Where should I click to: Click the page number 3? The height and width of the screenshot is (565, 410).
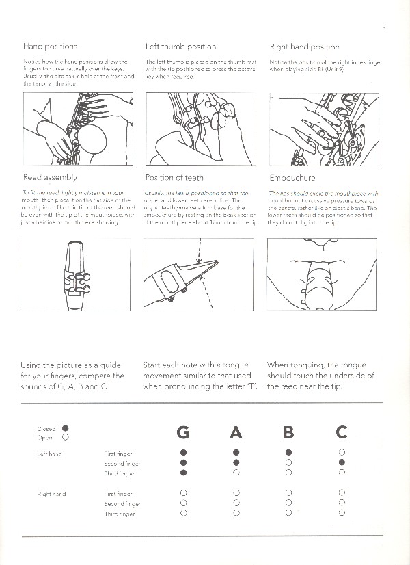pos(385,27)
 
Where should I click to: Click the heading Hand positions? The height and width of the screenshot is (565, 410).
pos(50,47)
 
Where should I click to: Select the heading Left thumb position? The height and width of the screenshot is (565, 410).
pos(180,47)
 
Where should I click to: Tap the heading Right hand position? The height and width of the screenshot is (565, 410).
pos(304,47)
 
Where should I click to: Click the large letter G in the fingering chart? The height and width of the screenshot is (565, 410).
pos(182,432)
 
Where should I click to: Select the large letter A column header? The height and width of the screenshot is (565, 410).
pos(236,432)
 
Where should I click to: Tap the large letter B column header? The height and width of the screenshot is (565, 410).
pos(288,432)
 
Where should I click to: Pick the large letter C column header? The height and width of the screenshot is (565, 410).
pos(342,432)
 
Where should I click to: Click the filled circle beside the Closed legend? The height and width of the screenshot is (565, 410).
pos(66,428)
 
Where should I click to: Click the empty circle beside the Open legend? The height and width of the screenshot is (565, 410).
pos(66,437)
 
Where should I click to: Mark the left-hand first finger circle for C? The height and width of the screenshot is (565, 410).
pos(342,453)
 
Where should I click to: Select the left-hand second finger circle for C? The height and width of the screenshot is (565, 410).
pos(342,463)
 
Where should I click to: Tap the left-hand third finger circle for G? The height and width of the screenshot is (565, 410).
pos(183,473)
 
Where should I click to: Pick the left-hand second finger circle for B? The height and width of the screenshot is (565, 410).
pos(288,463)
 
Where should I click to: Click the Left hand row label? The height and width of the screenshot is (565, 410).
pos(47,453)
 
